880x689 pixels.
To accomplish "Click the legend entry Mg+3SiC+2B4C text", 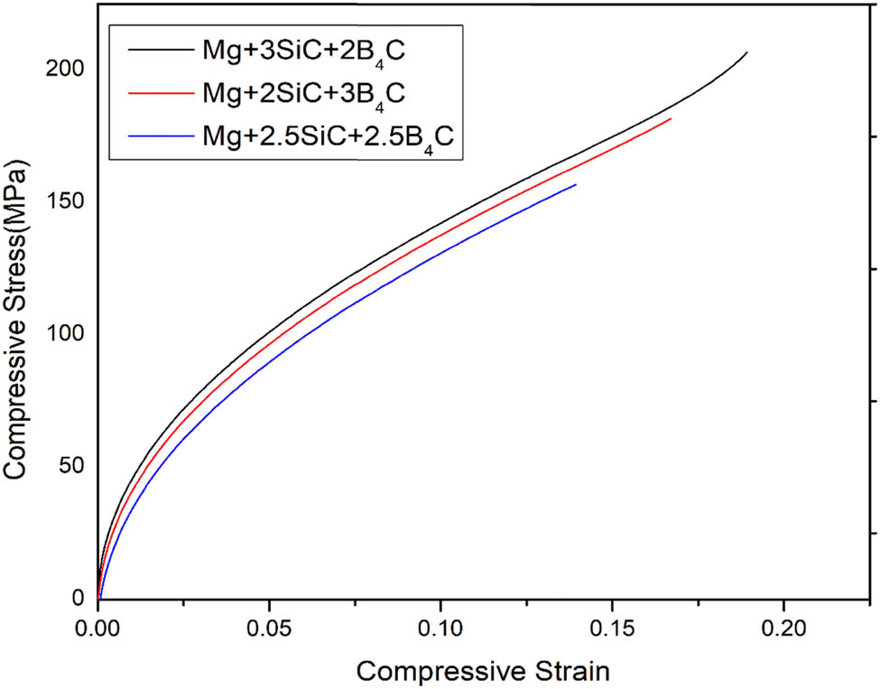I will pyautogui.click(x=303, y=51).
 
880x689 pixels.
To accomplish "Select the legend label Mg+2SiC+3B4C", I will pyautogui.click(x=303, y=93).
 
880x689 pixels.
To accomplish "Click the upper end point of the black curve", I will pyautogui.click(x=747, y=52).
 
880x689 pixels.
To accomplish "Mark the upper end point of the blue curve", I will pyautogui.click(x=576, y=184).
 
